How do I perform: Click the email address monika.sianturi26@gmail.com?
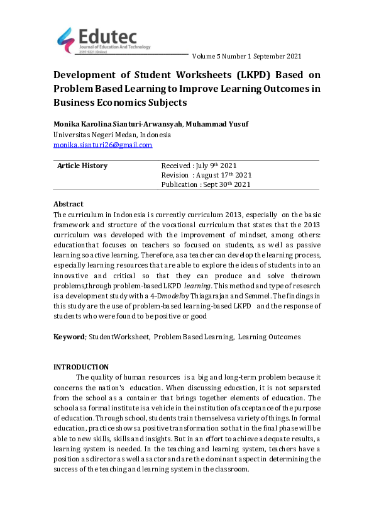[x=102, y=145]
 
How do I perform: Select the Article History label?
[x=82, y=166]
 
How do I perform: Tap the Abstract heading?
[x=69, y=205]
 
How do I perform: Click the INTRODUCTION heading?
[x=81, y=367]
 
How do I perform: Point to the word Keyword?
[x=69, y=337]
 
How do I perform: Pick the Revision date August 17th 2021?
[x=206, y=176]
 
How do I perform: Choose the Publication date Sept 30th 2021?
[x=206, y=185]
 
